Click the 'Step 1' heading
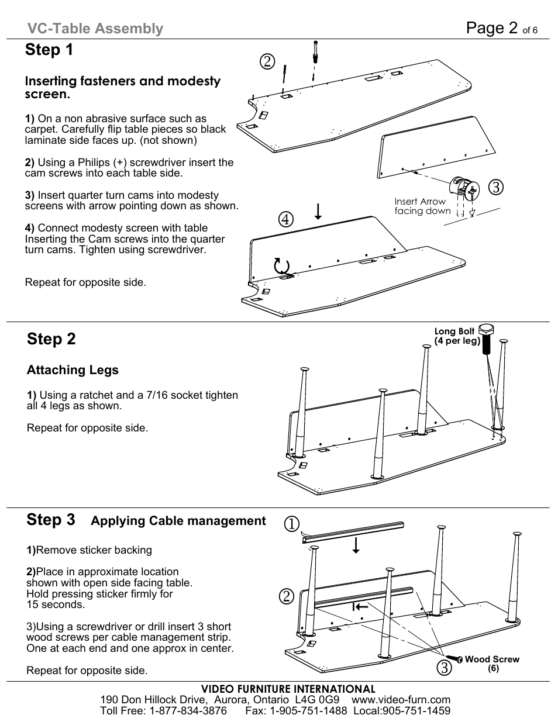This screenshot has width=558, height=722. coord(49,50)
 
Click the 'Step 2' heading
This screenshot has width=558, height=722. coord(51,339)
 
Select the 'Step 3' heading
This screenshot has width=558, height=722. coord(51,520)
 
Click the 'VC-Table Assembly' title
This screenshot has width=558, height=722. coord(95,29)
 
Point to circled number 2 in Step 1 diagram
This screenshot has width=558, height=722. coord(268,61)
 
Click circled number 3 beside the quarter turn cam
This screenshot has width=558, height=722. coord(496,188)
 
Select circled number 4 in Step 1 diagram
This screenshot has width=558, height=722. coord(285,219)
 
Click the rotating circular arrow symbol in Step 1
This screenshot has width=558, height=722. coord(282,267)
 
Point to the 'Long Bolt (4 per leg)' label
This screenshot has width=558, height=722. coord(456,336)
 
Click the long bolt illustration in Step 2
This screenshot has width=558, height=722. coord(486,339)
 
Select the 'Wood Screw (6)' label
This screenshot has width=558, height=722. coord(492,663)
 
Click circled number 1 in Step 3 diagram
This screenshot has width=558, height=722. coord(292,524)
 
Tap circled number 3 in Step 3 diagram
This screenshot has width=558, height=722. coord(444,668)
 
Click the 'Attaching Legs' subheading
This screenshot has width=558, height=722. coord(73,370)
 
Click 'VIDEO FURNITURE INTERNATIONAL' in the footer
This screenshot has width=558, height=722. coord(288,689)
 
